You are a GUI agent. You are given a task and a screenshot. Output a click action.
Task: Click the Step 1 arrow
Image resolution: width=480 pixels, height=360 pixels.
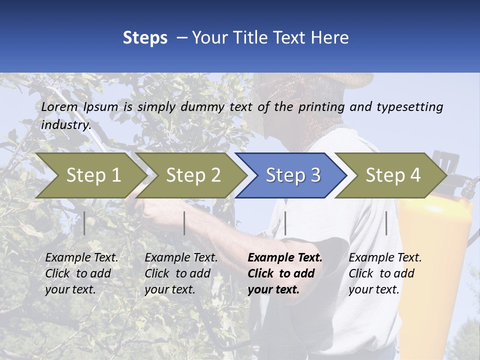point(93,175)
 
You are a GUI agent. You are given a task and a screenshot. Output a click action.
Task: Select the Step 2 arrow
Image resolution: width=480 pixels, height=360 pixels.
point(193,175)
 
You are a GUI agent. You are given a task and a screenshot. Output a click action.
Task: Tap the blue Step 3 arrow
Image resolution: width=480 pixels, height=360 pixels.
point(292,175)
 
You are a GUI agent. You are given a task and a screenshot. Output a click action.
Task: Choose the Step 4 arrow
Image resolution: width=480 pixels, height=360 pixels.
point(392,175)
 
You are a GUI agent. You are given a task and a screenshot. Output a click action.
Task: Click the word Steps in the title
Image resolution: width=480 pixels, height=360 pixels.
point(145,37)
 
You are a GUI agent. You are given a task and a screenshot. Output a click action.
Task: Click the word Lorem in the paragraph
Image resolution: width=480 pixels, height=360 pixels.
point(59,106)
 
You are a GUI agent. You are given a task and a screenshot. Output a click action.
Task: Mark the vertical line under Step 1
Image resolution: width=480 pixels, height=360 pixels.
point(84,223)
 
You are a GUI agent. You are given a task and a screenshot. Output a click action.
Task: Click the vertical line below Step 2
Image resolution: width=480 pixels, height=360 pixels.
point(184,223)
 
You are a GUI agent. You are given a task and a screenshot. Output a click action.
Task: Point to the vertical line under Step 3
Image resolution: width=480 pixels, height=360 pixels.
point(285,223)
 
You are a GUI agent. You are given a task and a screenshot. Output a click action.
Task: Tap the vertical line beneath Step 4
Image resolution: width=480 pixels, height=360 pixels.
point(386,223)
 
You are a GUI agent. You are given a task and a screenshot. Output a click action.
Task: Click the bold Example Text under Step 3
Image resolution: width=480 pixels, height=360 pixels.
point(285,258)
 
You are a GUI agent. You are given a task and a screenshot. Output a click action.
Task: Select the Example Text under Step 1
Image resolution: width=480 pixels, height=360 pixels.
point(82,258)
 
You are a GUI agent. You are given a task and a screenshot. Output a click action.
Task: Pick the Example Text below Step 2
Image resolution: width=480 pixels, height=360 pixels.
point(181,258)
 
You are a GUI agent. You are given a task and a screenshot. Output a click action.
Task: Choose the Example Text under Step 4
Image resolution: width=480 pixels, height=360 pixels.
point(385,258)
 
